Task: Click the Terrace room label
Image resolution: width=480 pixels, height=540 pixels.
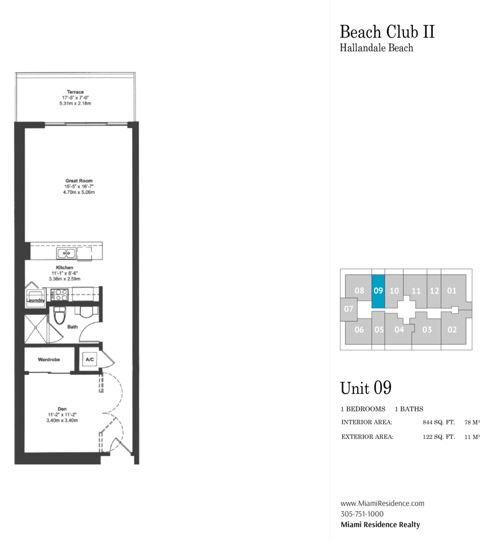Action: (x=75, y=92)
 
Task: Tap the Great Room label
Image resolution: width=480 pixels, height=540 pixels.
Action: (x=79, y=181)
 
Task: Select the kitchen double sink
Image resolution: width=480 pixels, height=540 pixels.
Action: (x=66, y=254)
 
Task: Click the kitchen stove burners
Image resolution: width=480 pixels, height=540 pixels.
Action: (x=59, y=295)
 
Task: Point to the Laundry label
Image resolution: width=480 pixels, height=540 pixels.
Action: (x=35, y=300)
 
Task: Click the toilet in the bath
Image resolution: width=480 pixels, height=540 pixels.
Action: (x=60, y=315)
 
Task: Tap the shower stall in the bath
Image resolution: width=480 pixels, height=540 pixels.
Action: (x=35, y=329)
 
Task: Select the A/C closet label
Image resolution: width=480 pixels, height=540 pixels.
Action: (x=89, y=359)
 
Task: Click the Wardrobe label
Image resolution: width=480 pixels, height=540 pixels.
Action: (x=49, y=359)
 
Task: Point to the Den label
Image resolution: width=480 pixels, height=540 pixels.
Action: (x=62, y=409)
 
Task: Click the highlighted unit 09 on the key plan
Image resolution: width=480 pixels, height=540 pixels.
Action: (x=378, y=291)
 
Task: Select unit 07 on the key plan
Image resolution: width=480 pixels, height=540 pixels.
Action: (x=348, y=309)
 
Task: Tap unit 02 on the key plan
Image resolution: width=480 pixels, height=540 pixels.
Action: (x=452, y=330)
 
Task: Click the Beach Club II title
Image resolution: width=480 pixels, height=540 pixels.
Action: (x=387, y=32)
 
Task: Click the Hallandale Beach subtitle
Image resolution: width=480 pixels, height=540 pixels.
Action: (x=376, y=48)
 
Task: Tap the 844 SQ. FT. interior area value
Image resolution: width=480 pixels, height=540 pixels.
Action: (x=439, y=422)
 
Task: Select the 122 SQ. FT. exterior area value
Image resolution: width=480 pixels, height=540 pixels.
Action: (x=439, y=437)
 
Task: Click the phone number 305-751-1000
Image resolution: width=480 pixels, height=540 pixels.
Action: (x=362, y=514)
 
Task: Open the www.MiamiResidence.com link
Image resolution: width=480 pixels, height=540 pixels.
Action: (x=382, y=503)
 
